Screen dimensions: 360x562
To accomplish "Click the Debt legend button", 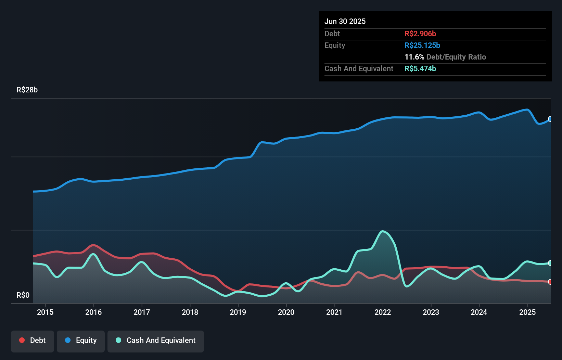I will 33,340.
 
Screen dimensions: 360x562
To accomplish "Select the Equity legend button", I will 81,340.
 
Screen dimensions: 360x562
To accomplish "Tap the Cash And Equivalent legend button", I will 156,340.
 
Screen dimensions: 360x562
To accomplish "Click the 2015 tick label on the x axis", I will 45,312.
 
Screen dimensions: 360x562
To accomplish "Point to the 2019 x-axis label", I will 238,312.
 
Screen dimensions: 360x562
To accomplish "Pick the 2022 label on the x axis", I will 382,312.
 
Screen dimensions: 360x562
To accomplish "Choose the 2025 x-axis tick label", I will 527,312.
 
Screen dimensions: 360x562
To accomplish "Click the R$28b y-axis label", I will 27,90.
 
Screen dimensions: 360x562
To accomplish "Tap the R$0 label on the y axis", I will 23,295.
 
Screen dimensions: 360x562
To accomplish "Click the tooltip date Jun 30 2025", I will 345,21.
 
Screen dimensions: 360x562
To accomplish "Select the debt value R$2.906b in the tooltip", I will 420,34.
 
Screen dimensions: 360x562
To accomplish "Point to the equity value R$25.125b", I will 422,45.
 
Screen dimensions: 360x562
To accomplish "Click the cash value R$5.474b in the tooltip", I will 420,68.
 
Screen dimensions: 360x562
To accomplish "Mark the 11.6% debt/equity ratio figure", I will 414,57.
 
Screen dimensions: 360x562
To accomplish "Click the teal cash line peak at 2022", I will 383,231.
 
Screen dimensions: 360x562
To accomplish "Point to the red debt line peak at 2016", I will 93,245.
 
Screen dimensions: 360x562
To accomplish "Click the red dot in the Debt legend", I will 22,340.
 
